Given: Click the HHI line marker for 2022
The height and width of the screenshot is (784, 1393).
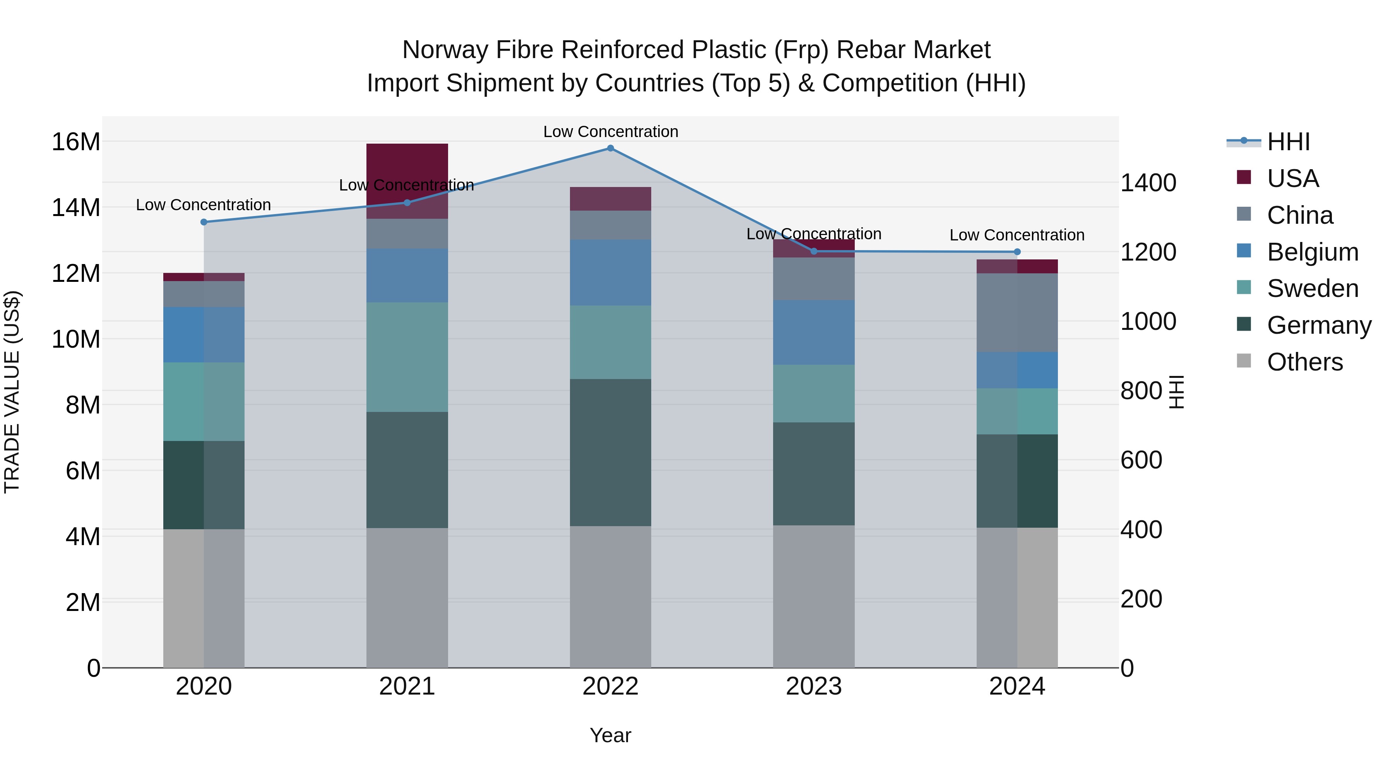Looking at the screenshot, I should click(611, 148).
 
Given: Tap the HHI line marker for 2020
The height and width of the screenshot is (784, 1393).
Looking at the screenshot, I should click(204, 222).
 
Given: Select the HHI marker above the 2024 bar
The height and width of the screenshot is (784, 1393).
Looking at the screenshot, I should click(1017, 252).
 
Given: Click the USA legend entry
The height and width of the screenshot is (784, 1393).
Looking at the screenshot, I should click(1292, 178).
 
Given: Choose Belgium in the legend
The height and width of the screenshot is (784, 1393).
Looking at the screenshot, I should click(1313, 252).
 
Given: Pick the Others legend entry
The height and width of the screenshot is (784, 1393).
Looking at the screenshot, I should click(1304, 362).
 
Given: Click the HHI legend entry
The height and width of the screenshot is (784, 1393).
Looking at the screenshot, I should click(1288, 142).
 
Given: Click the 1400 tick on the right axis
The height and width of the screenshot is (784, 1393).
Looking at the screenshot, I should click(1148, 183).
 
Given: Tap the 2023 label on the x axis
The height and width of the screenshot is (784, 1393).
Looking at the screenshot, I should click(813, 686).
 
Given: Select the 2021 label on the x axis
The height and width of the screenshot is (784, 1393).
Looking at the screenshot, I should click(407, 686).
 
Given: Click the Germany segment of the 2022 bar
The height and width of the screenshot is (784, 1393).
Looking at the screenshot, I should click(611, 452).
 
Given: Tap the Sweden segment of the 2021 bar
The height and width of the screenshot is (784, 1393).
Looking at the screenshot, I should click(407, 357).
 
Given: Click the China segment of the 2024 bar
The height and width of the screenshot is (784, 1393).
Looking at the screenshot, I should click(1017, 313).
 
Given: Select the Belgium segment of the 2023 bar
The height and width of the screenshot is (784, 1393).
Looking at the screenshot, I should click(814, 332).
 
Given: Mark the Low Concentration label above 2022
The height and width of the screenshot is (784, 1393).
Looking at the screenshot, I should click(611, 132).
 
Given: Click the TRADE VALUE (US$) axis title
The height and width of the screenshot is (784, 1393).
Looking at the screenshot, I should click(12, 392).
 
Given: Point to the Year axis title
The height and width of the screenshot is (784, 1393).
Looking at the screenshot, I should click(611, 735).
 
